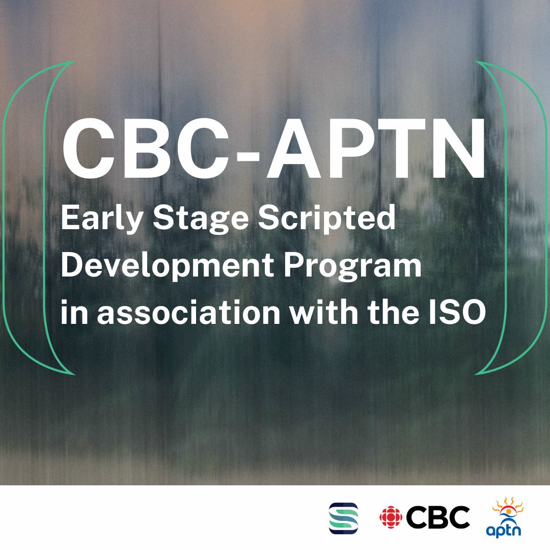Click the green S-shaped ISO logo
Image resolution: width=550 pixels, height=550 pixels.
click(343, 518)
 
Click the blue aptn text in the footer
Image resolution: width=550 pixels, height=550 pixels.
click(504, 530)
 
